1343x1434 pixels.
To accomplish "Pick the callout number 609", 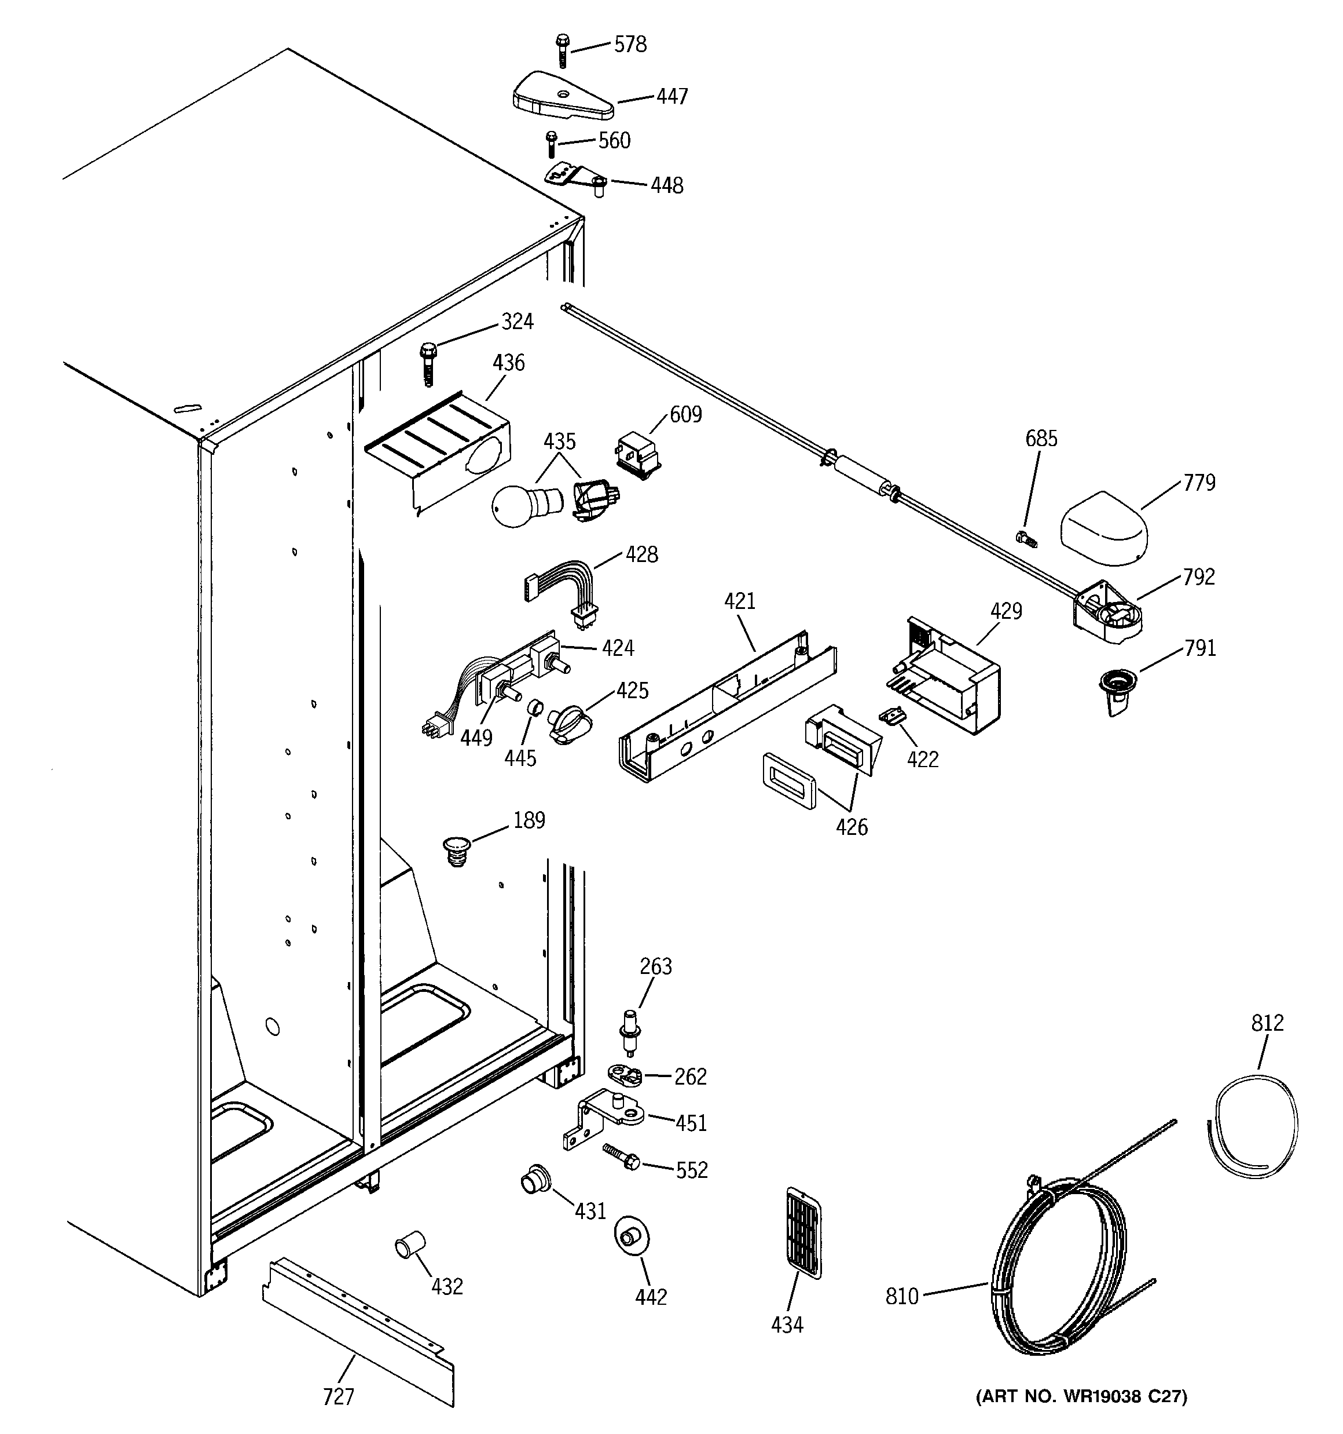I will coord(685,414).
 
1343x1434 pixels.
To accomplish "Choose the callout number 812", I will coord(1267,1022).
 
